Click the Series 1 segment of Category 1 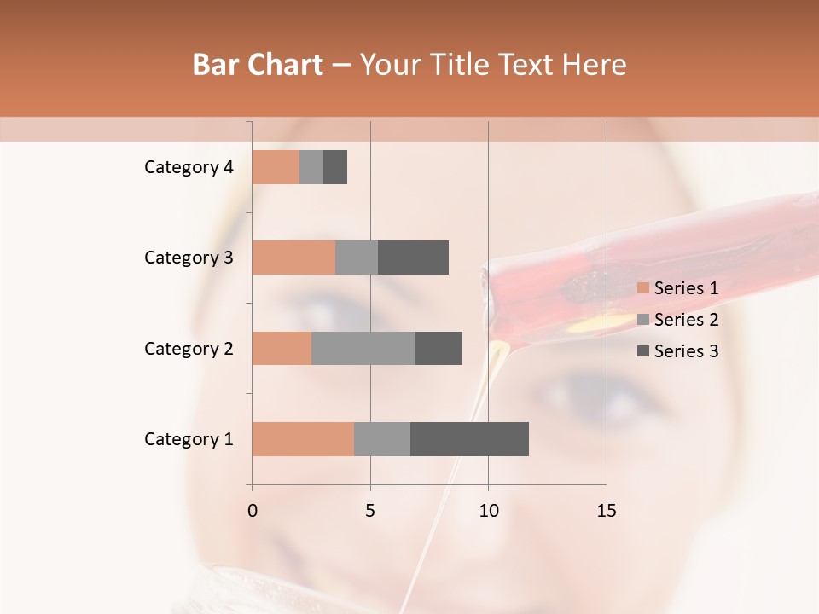coord(303,438)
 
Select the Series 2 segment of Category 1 coord(382,438)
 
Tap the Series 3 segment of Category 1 coord(469,438)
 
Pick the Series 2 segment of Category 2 coord(363,348)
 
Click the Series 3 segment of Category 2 coord(439,348)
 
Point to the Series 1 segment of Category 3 coord(293,258)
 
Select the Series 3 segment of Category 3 coord(413,258)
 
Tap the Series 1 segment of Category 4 coord(276,166)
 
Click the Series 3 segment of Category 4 coord(335,166)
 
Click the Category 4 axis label coord(189,167)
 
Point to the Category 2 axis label coord(189,349)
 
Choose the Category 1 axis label coord(189,439)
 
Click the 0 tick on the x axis coord(253,511)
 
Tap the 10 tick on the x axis coord(488,511)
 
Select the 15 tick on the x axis coord(607,511)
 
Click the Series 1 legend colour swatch coord(643,288)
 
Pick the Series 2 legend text coord(686,320)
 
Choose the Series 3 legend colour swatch coord(643,351)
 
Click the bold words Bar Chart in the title coord(258,65)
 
